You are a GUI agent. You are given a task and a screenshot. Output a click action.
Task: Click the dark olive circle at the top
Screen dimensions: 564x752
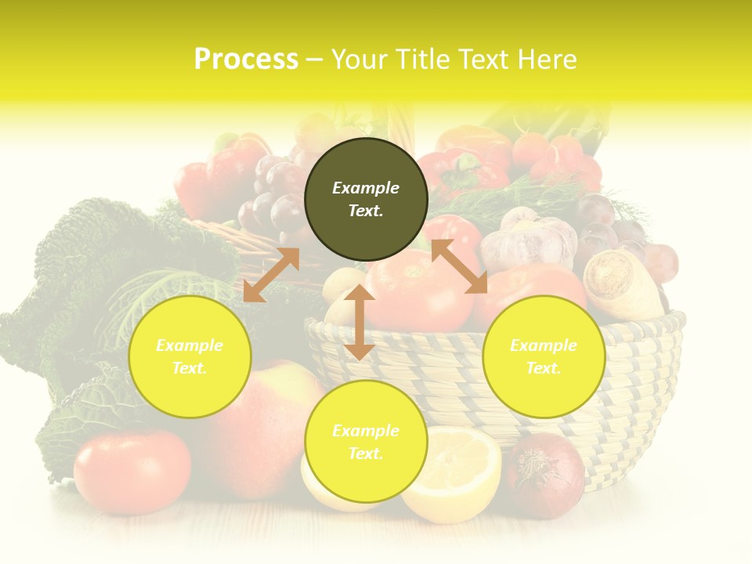(366, 200)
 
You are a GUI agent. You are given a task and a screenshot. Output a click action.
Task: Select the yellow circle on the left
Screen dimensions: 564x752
(190, 356)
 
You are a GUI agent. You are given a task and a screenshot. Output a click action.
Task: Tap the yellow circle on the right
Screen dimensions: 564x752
(544, 356)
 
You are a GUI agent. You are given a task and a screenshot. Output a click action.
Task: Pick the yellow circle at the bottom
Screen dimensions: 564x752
(366, 442)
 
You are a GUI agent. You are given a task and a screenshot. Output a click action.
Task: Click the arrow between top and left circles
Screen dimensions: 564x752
(271, 274)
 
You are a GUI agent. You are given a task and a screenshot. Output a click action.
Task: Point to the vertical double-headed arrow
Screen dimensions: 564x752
(360, 322)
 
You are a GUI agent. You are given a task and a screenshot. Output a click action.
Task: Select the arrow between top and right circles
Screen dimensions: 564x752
(459, 266)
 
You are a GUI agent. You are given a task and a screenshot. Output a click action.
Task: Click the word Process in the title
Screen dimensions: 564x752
(246, 59)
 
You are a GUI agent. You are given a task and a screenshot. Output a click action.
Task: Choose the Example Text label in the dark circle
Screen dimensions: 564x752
(366, 200)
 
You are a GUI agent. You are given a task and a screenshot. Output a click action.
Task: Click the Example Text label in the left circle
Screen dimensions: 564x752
(190, 356)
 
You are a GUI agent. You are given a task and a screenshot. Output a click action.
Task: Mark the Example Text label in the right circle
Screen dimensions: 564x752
(544, 356)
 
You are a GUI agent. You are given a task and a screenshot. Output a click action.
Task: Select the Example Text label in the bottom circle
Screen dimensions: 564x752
(366, 442)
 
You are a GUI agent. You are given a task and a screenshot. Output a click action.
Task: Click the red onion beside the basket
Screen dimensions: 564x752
(545, 475)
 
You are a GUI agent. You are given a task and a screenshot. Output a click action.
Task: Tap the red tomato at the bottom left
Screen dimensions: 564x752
(132, 471)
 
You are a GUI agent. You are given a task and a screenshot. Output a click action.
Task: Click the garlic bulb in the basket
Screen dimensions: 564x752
(529, 238)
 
